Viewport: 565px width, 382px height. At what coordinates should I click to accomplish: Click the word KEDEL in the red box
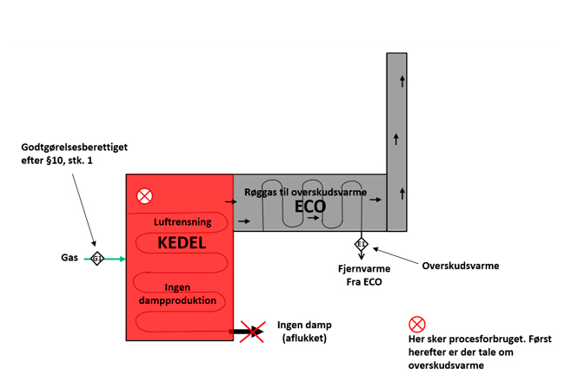[x=182, y=243]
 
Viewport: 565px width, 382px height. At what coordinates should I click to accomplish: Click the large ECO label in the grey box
[x=310, y=207]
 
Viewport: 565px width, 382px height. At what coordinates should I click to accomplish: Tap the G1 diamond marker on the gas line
[x=97, y=259]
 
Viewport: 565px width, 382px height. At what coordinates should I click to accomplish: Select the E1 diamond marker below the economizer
[x=362, y=244]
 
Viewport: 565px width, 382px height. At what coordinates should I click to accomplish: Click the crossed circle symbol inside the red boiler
[x=144, y=196]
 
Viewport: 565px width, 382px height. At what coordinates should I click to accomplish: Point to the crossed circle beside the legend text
[x=416, y=325]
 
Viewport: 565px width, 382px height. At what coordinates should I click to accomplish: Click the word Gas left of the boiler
[x=70, y=259]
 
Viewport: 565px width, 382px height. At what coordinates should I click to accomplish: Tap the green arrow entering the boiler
[x=115, y=259]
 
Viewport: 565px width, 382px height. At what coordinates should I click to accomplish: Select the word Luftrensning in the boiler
[x=183, y=222]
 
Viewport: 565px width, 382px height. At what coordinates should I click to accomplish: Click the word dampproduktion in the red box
[x=177, y=300]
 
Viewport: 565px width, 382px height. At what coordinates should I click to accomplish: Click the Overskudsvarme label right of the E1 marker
[x=460, y=266]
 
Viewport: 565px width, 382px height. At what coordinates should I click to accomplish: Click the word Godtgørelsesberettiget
[x=74, y=148]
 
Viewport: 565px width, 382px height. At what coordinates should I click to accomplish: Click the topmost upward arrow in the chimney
[x=402, y=82]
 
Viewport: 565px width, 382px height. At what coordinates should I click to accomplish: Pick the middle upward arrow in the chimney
[x=397, y=138]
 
